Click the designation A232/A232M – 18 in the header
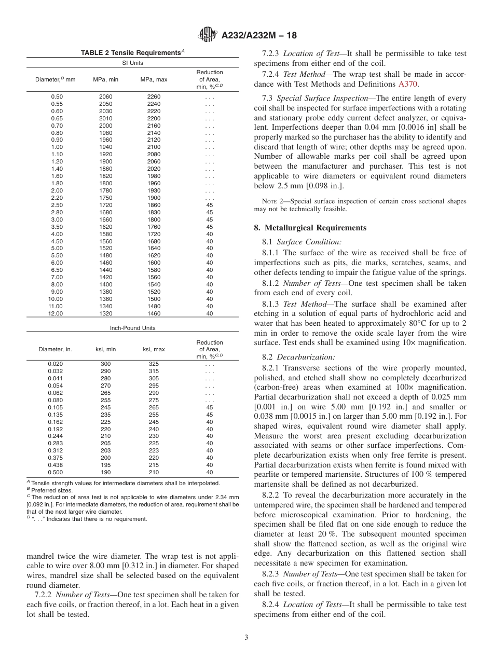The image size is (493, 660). click(x=258, y=36)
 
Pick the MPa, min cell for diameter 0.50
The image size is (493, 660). click(x=105, y=97)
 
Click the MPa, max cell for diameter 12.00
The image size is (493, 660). click(x=154, y=313)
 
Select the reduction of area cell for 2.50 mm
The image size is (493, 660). click(x=210, y=205)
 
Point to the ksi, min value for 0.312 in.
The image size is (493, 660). click(x=105, y=450)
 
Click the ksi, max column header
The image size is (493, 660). click(x=154, y=349)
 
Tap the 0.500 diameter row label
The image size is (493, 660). click(x=56, y=472)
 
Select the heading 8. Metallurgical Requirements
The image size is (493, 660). click(x=310, y=228)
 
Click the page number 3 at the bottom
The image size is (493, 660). click(x=246, y=637)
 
